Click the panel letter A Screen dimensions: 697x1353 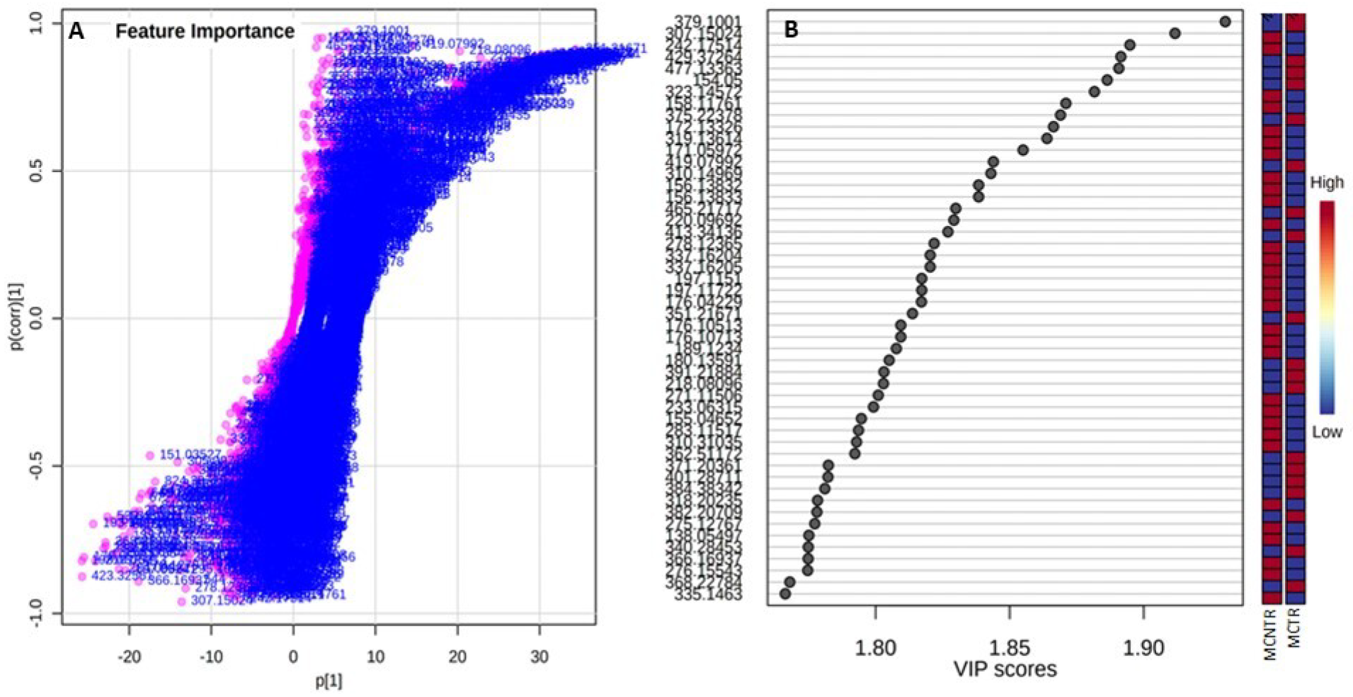pyautogui.click(x=76, y=31)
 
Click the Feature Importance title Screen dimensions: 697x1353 pyautogui.click(x=205, y=31)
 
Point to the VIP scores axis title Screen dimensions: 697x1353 pyautogui.click(x=1005, y=669)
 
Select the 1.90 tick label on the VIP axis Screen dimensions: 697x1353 pyautogui.click(x=1143, y=647)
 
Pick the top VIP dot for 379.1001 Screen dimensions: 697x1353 pyautogui.click(x=1225, y=22)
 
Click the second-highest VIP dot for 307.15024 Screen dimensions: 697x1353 pyautogui.click(x=1175, y=33)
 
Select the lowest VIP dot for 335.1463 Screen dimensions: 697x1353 pyautogui.click(x=784, y=594)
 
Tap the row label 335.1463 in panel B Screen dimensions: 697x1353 pyautogui.click(x=709, y=595)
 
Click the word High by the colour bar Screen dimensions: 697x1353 pyautogui.click(x=1326, y=183)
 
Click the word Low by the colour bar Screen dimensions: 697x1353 pyautogui.click(x=1326, y=432)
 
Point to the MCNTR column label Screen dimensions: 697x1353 pyautogui.click(x=1271, y=634)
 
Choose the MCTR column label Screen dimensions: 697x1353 pyautogui.click(x=1294, y=628)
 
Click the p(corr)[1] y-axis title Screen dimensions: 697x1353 pyautogui.click(x=16, y=317)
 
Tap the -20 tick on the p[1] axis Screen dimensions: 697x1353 pyautogui.click(x=129, y=657)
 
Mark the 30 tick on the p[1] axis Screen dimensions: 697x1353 pyautogui.click(x=539, y=657)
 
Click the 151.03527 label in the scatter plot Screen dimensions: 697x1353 pyautogui.click(x=190, y=454)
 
